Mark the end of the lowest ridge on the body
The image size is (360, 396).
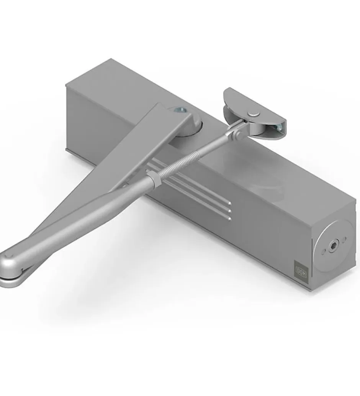click(x=229, y=219)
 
